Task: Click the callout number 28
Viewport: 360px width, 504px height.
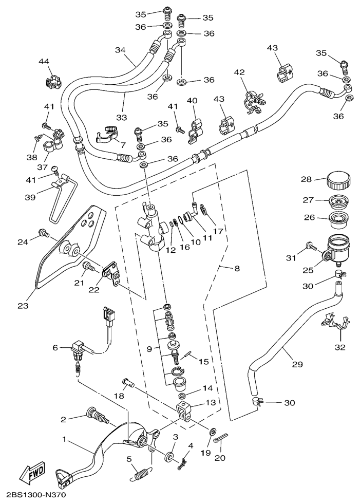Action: coord(306,179)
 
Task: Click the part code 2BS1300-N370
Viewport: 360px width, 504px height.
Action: coord(36,496)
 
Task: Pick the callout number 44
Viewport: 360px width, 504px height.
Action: coord(44,62)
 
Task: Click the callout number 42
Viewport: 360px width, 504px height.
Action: coord(239,73)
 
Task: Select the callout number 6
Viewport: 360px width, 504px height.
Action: coord(55,348)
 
